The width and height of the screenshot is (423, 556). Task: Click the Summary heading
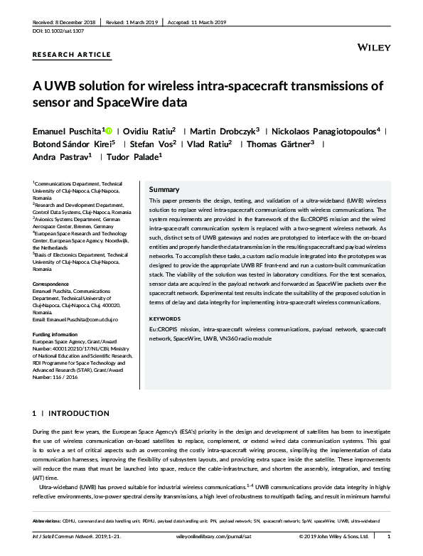pos(164,190)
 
